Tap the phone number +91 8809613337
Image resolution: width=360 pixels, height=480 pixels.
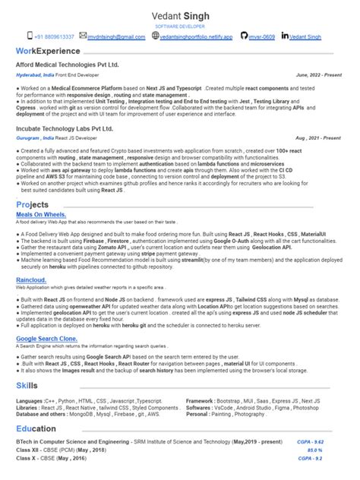54,36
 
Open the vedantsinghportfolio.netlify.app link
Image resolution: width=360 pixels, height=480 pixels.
194,36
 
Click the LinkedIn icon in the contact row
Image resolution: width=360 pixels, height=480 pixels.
285,36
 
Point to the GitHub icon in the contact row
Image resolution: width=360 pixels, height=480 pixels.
243,36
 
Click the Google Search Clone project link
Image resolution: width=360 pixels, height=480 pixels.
46,338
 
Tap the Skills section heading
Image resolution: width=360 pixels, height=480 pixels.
27,387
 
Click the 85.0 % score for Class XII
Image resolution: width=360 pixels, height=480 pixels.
335,450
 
